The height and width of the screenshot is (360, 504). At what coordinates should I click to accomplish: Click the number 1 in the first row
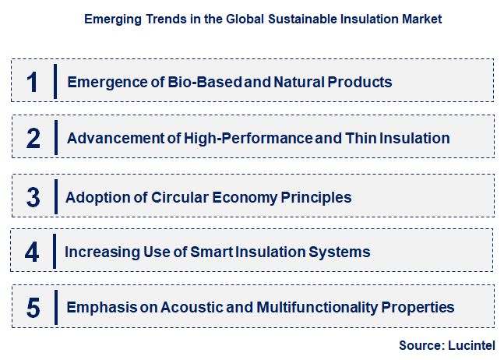coord(33,82)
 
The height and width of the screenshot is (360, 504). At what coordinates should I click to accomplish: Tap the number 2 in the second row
coord(33,139)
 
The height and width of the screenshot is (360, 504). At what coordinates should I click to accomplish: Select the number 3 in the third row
coord(33,197)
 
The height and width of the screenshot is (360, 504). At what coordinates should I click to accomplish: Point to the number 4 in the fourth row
coord(32,252)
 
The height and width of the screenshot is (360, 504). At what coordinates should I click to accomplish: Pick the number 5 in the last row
coord(33,308)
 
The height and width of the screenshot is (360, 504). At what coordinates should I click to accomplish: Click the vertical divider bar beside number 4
coord(56,252)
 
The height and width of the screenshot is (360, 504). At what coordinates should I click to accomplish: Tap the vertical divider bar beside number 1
coord(56,82)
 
